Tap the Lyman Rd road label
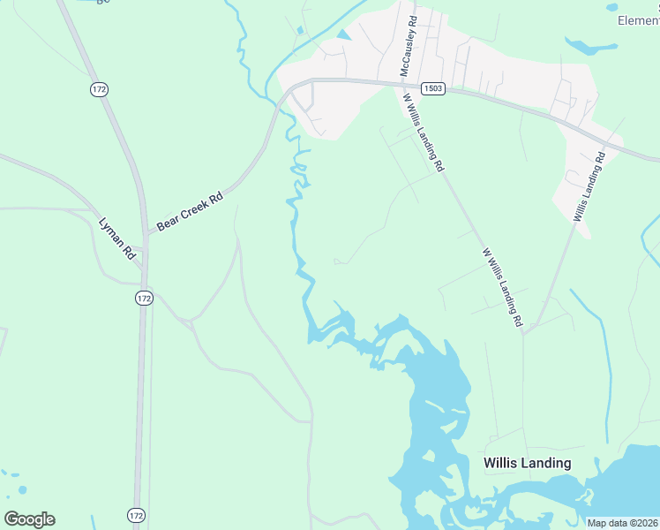116,238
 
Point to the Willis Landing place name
528,463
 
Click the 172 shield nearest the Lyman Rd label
145,299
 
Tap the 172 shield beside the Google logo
136,514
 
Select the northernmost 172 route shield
99,89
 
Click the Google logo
29,519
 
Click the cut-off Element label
637,20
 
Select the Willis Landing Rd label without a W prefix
589,186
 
